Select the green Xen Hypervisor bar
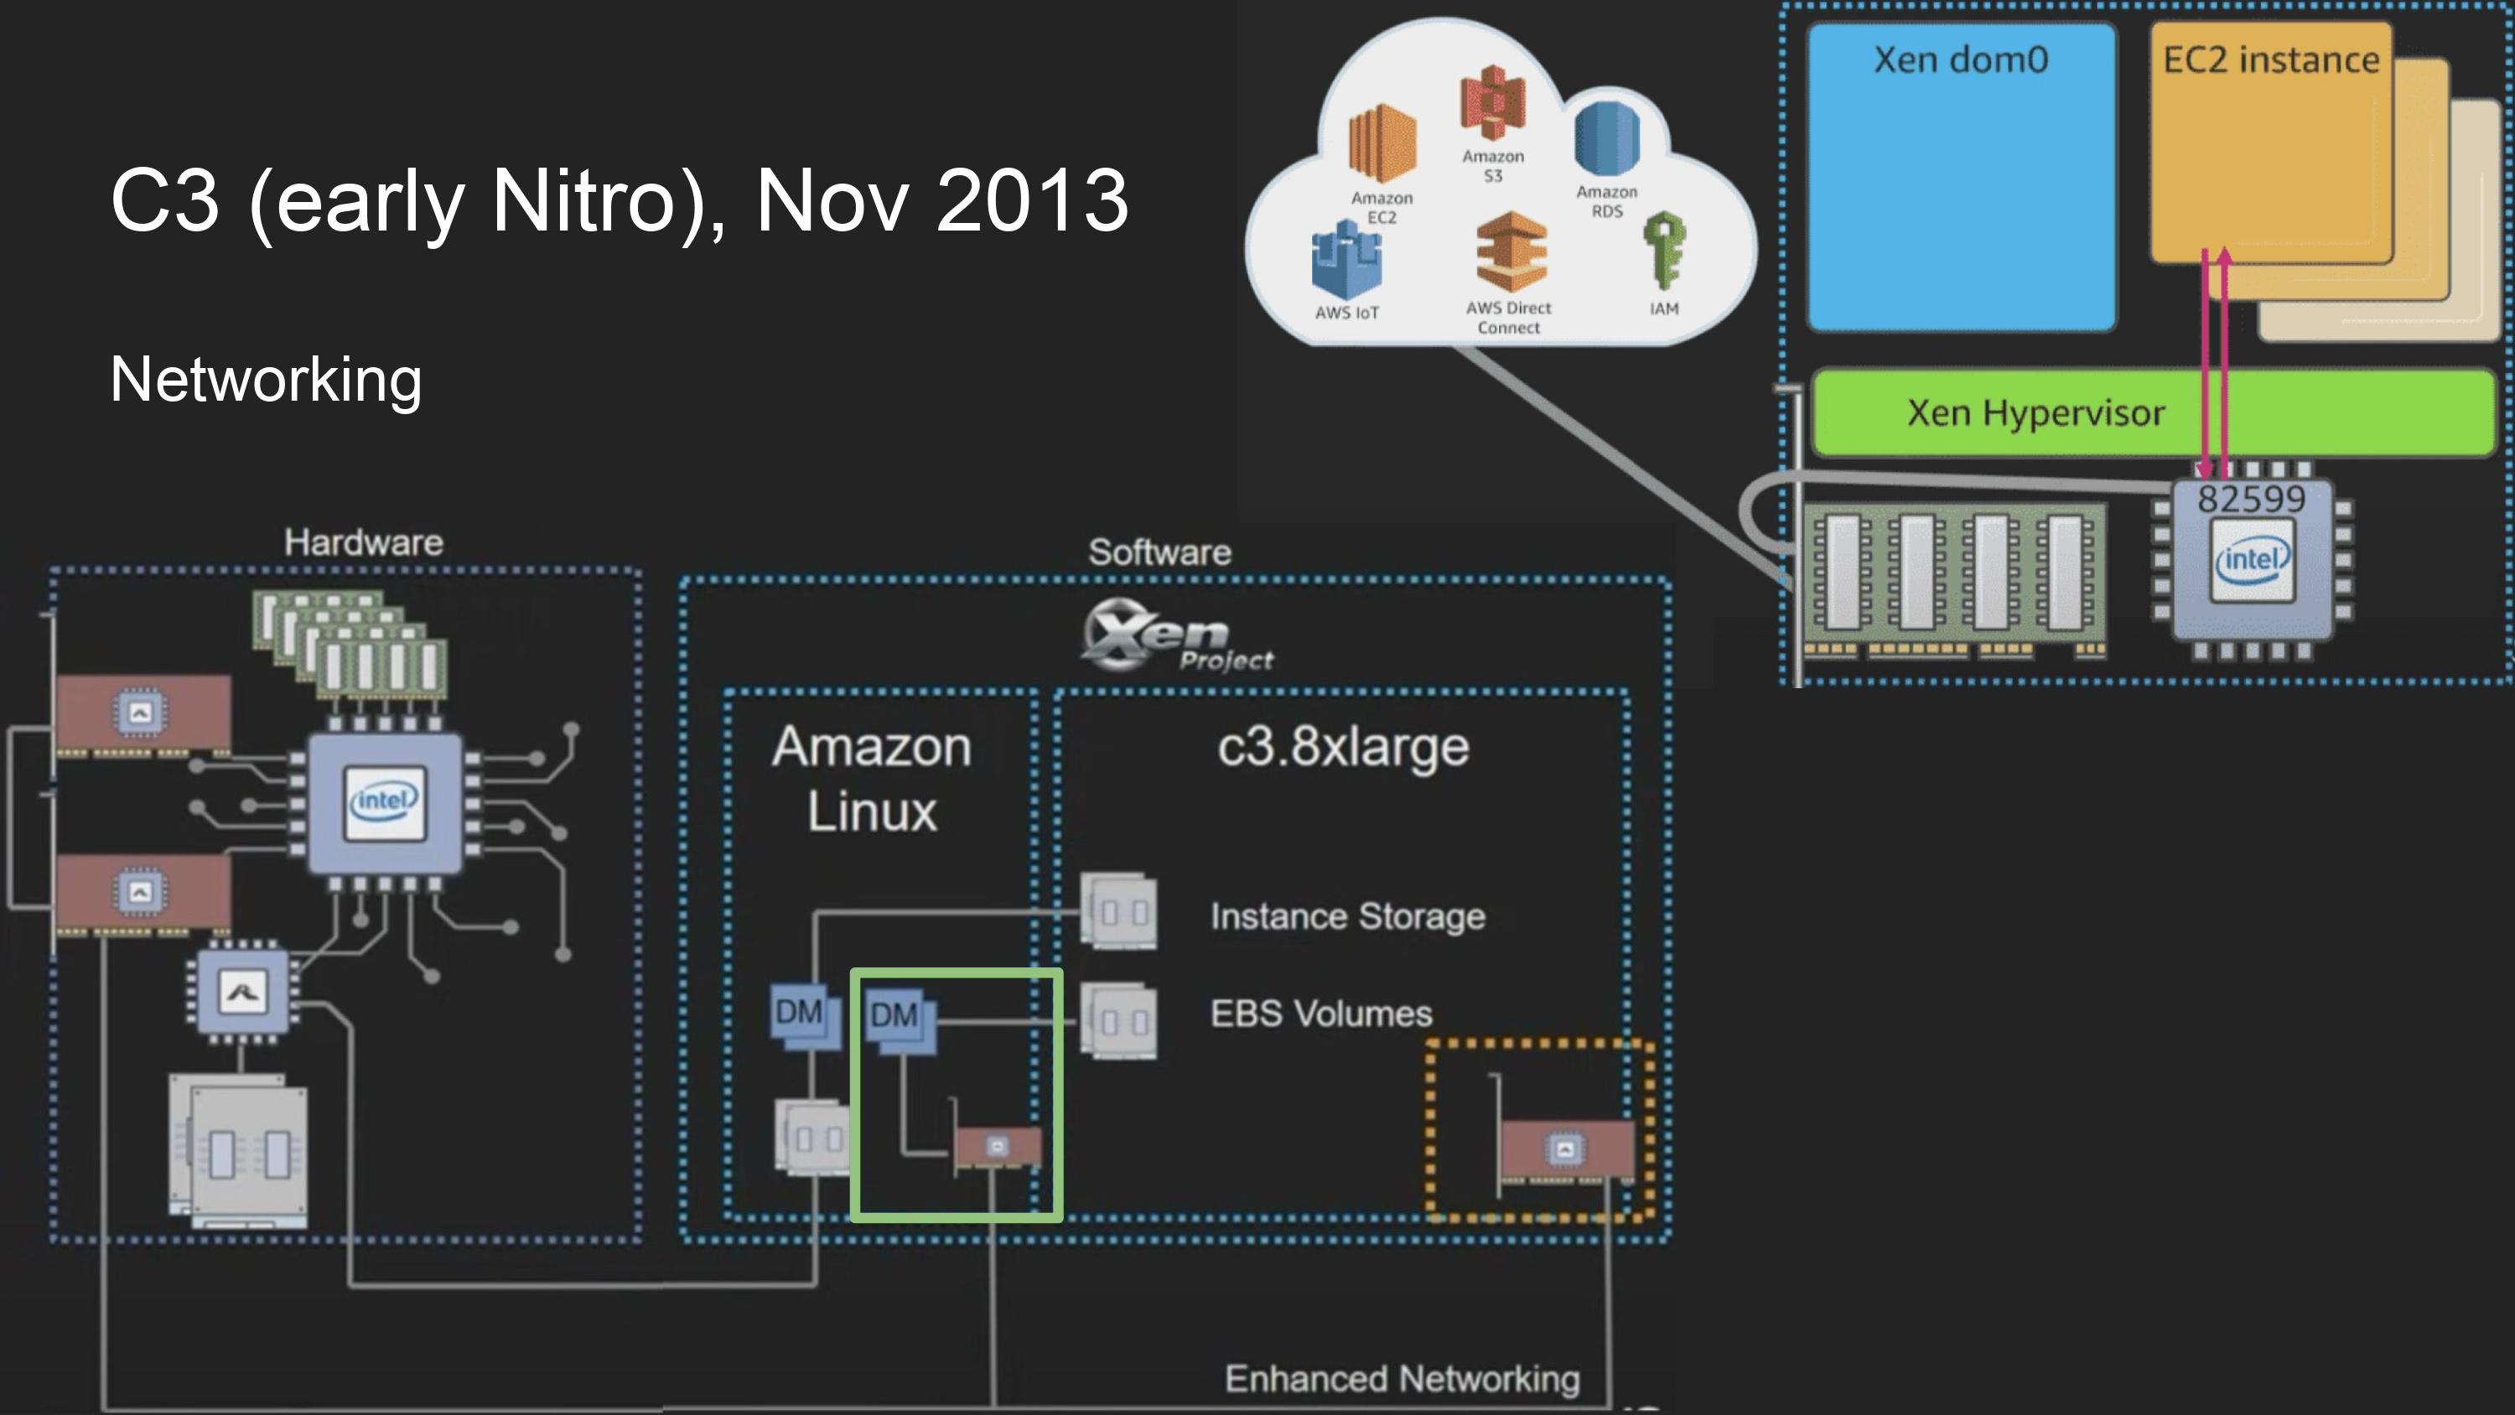tap(2035, 413)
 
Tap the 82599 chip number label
tap(2250, 499)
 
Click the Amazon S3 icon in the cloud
tap(1493, 102)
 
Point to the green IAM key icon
tap(1663, 251)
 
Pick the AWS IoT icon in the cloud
tap(1346, 261)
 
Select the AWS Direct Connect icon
tap(1511, 252)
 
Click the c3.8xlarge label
tap(1342, 747)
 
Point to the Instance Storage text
tap(1347, 916)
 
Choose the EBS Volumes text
tap(1321, 1013)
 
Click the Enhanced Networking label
tap(1402, 1379)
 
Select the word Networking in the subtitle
tap(266, 379)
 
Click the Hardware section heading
tap(363, 542)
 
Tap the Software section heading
tap(1160, 552)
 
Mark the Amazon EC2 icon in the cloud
tap(1382, 147)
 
